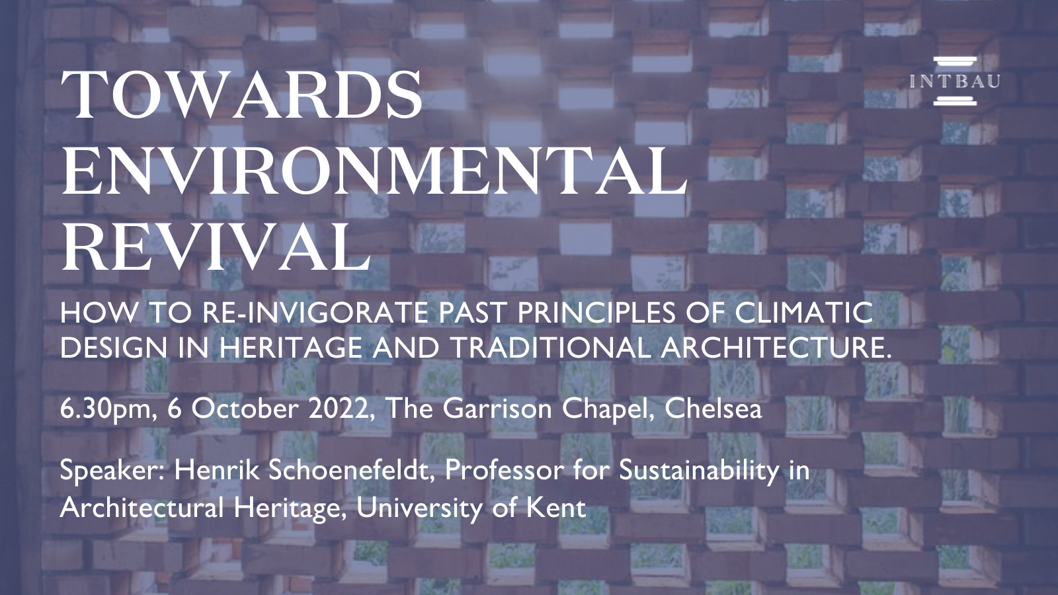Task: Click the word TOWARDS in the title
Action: click(241, 95)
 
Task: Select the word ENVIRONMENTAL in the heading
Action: click(374, 171)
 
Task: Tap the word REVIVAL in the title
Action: click(216, 247)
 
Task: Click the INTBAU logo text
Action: click(955, 81)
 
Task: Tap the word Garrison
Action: click(497, 409)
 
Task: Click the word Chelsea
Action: click(713, 409)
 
